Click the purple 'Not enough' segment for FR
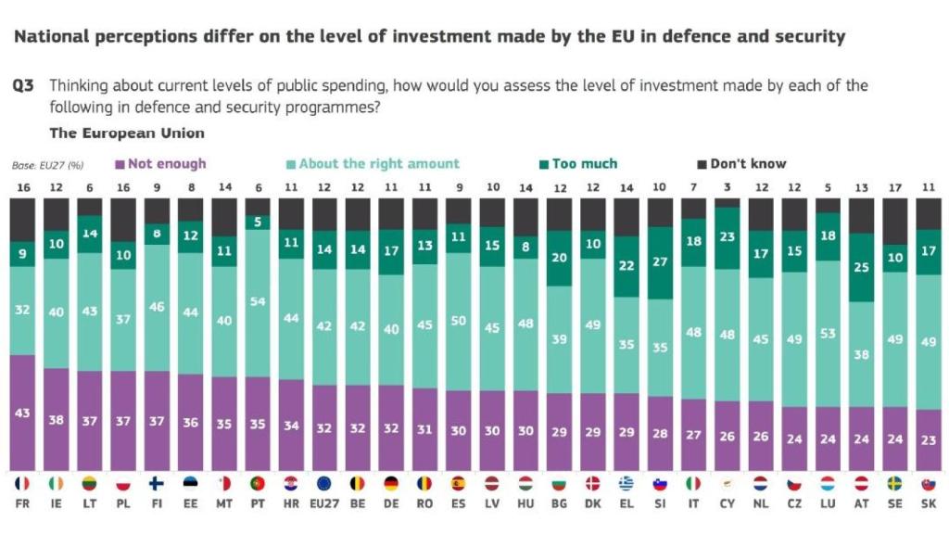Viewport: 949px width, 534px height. (23, 413)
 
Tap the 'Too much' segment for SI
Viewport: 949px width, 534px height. (660, 263)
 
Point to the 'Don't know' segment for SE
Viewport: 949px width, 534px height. (894, 221)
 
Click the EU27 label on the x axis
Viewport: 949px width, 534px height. (324, 506)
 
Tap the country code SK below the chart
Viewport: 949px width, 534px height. (928, 506)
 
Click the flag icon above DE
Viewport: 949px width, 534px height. (391, 484)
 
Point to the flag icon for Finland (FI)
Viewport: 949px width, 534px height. (157, 484)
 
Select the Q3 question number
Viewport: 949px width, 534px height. (23, 85)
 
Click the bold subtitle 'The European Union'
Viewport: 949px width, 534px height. (127, 133)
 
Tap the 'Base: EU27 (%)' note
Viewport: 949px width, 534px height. (48, 165)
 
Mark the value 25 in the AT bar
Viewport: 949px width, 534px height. (861, 268)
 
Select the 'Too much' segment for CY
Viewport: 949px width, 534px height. (728, 237)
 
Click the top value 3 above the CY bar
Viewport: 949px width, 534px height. (727, 187)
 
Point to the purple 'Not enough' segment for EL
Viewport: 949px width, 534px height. (626, 432)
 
